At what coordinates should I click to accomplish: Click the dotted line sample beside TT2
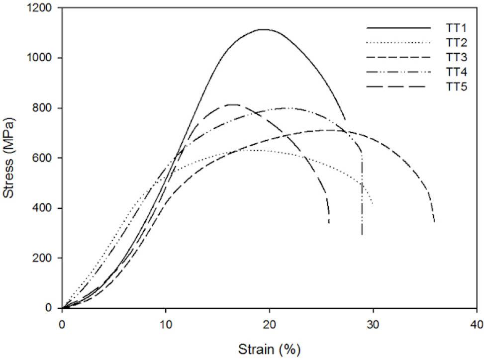(398, 43)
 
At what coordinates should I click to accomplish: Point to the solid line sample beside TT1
(398, 28)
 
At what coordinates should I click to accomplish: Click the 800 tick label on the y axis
(46, 108)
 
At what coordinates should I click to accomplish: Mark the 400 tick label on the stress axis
(46, 208)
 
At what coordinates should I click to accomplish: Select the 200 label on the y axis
(46, 258)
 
